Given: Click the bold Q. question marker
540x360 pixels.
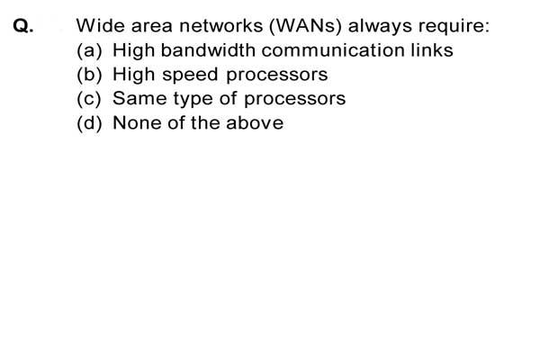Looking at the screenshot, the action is [23, 26].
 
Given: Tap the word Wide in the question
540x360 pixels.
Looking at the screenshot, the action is [100, 25].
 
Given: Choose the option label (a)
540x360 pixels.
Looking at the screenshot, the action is [89, 50].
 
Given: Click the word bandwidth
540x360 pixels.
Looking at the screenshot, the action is [208, 50].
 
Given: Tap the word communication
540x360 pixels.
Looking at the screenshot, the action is [333, 50].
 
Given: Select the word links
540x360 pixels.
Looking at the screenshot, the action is [432, 50].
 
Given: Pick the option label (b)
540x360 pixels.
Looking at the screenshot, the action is [89, 75].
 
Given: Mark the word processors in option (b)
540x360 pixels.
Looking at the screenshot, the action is [277, 76].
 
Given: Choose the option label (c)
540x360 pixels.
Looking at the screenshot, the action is [89, 99].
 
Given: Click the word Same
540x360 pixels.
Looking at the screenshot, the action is [139, 98].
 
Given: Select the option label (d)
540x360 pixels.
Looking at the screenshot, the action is [89, 123].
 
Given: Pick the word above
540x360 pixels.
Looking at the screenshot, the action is [255, 122].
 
